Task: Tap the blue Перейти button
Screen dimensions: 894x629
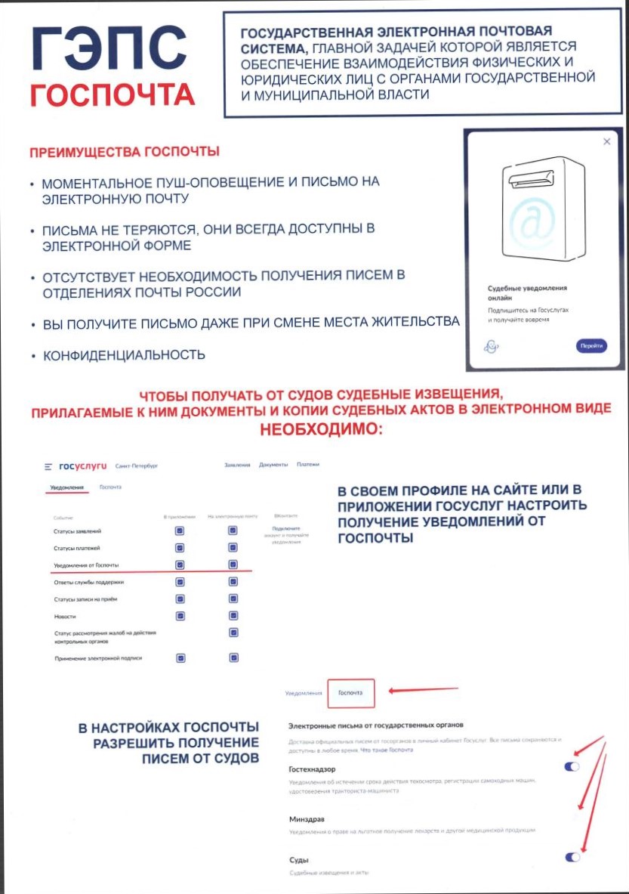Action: [x=591, y=346]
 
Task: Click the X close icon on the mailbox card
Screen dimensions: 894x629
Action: [x=606, y=142]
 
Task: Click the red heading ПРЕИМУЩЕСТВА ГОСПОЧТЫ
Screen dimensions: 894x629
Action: [x=125, y=152]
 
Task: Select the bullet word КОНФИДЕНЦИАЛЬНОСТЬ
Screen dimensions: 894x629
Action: [x=123, y=354]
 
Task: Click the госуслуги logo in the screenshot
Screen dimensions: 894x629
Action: [x=82, y=466]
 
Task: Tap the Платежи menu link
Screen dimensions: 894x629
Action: [x=308, y=465]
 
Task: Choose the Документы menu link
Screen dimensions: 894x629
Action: [x=273, y=465]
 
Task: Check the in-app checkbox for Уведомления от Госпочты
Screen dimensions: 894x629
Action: [x=180, y=565]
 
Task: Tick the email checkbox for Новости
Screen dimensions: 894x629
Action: [x=233, y=616]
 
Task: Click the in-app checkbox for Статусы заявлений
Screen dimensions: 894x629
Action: [x=180, y=531]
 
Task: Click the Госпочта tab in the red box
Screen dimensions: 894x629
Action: [x=350, y=692]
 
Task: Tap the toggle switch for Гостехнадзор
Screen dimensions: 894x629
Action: [x=572, y=767]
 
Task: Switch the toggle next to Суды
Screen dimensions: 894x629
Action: [x=572, y=857]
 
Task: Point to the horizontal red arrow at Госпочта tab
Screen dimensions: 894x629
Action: [x=425, y=689]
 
